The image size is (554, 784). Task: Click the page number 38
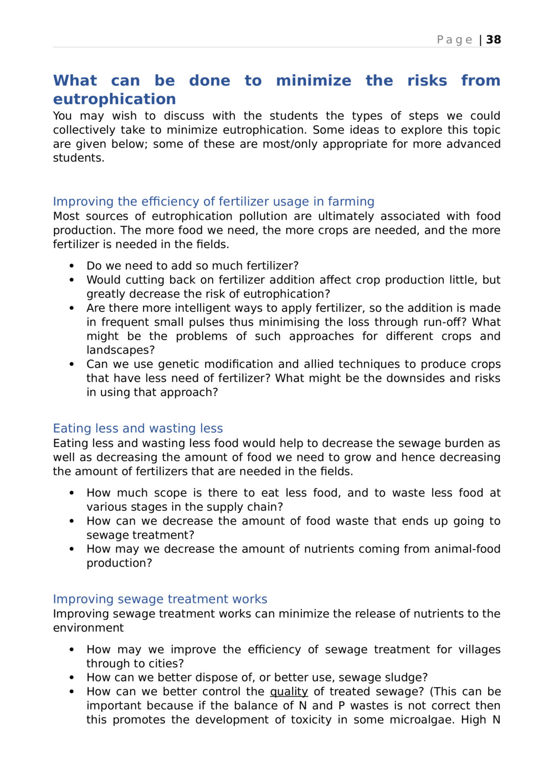pos(494,39)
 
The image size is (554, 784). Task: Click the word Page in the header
pos(454,39)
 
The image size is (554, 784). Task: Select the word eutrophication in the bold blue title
pos(115,99)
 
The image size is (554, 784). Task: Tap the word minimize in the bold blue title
pos(314,80)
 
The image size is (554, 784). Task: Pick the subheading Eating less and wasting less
pos(138,428)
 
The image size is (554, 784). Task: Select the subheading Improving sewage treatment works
pos(160,599)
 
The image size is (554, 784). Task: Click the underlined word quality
pos(289,691)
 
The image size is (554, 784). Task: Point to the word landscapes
pos(120,350)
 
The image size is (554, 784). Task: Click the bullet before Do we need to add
pos(71,266)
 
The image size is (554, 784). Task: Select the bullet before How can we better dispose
pos(71,678)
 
